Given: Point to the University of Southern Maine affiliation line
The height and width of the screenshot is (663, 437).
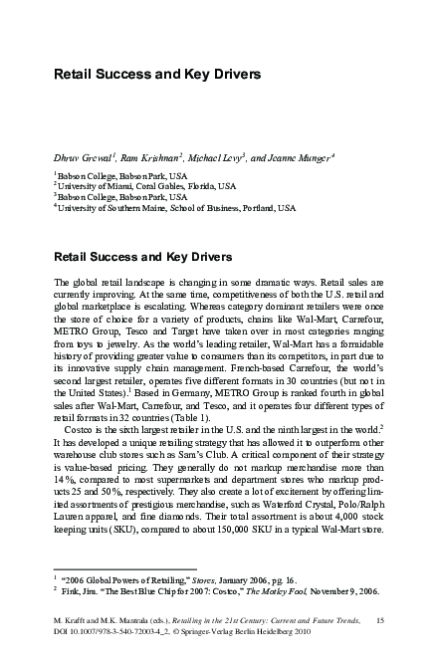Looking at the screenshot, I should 175,209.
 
